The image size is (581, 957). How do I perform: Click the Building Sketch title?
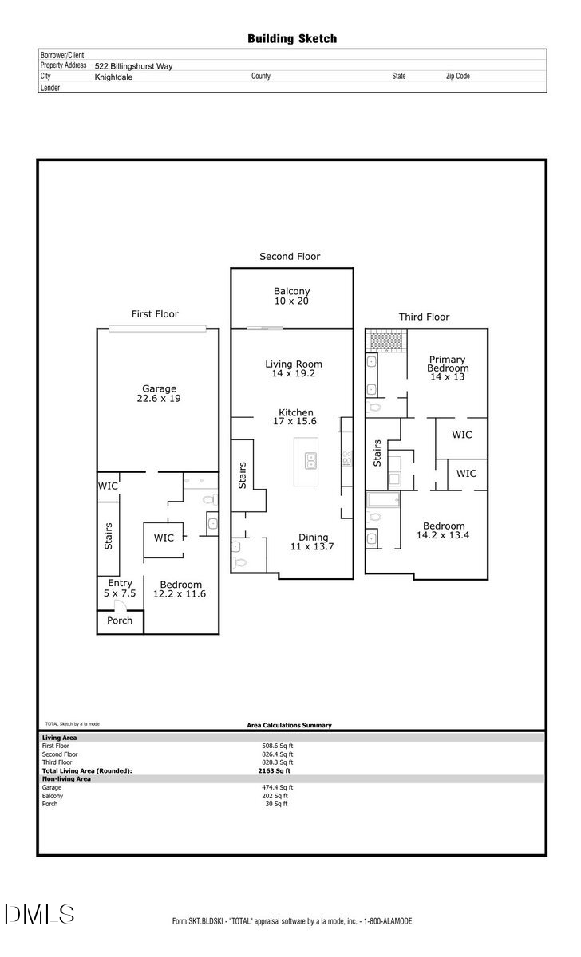[x=291, y=38]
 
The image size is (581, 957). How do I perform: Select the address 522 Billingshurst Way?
[x=133, y=66]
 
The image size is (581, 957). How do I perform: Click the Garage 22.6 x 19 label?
[x=158, y=393]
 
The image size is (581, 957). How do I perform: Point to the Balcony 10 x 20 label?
[x=291, y=297]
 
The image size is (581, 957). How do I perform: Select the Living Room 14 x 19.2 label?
[x=294, y=368]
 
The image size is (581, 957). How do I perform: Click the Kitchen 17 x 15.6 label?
[x=295, y=417]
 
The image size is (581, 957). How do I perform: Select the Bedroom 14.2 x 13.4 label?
[x=443, y=530]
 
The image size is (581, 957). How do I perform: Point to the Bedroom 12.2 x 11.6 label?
[x=180, y=589]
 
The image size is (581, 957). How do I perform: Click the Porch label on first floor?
[x=120, y=620]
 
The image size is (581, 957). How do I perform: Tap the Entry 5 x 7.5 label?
[x=120, y=589]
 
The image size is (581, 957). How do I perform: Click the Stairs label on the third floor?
[x=377, y=453]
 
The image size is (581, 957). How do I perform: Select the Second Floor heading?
[x=290, y=257]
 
